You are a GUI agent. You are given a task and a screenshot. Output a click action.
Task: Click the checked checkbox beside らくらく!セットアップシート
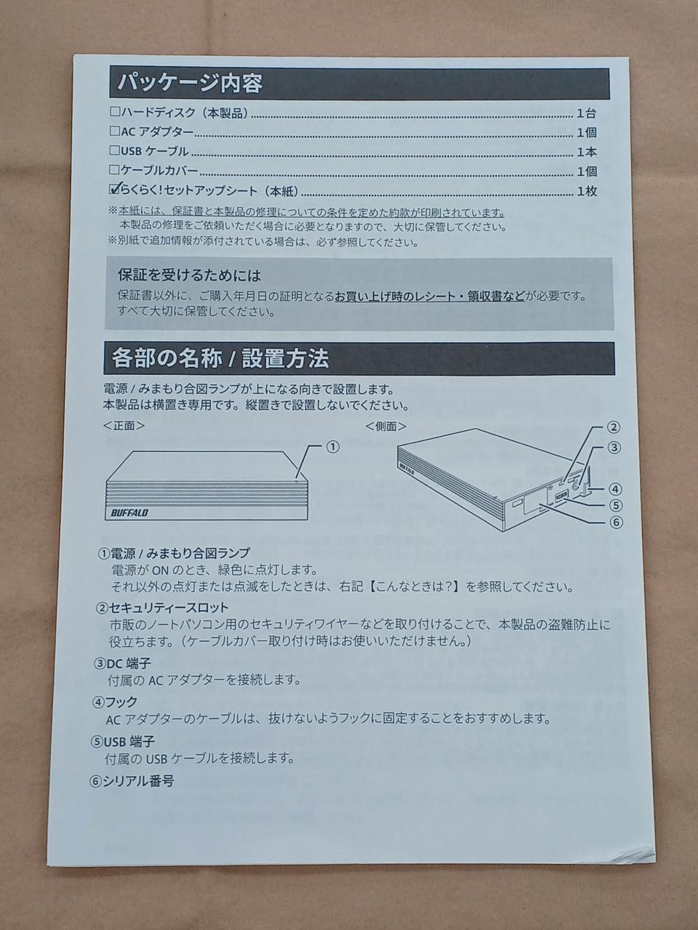click(x=114, y=189)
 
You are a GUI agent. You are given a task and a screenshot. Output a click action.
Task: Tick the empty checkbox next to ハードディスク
click(x=115, y=112)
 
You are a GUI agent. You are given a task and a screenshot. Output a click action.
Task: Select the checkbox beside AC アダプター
click(x=115, y=132)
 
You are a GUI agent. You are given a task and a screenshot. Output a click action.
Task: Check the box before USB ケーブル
click(x=114, y=150)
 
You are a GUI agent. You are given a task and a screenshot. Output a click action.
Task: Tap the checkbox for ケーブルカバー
click(x=114, y=170)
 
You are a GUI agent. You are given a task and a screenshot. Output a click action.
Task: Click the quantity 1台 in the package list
click(x=586, y=113)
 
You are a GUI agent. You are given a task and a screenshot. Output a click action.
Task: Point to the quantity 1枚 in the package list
click(x=587, y=191)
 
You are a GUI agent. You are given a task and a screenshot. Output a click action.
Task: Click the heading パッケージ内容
click(x=190, y=84)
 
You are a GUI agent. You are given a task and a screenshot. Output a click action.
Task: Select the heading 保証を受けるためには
click(x=190, y=276)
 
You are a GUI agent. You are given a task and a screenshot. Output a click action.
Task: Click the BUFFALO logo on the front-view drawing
click(x=129, y=513)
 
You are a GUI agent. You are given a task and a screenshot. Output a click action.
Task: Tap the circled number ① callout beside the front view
click(x=333, y=447)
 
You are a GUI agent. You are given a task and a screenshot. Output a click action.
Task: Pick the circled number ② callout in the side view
click(x=614, y=427)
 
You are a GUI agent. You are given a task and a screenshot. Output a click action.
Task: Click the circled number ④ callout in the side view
click(x=615, y=490)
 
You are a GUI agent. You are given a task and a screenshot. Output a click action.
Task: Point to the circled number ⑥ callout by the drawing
click(x=616, y=522)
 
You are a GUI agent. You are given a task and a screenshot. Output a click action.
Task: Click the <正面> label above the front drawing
click(x=124, y=426)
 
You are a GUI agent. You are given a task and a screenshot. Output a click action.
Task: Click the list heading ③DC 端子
click(x=122, y=663)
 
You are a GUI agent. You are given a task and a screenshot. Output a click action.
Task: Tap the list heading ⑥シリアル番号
click(x=132, y=781)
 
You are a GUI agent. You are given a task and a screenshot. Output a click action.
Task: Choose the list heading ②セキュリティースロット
click(x=162, y=608)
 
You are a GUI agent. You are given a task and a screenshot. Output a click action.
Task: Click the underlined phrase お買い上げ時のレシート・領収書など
click(x=430, y=296)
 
